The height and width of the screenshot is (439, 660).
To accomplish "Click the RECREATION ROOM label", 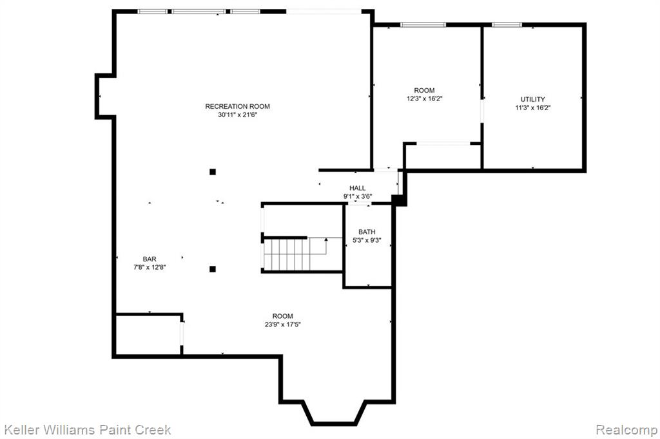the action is click(x=237, y=106).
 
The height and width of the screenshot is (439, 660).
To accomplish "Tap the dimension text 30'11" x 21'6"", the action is click(x=237, y=115).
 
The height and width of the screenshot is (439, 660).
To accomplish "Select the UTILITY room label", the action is click(x=533, y=99).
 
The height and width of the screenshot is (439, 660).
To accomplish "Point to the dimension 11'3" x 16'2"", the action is click(x=533, y=107).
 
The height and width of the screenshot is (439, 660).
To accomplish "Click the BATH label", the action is click(x=367, y=232).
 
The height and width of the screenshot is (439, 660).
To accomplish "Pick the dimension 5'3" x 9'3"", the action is click(x=367, y=240).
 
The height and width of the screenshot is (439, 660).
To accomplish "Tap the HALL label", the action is click(x=357, y=188).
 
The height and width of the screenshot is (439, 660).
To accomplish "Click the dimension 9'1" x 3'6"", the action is click(x=357, y=196).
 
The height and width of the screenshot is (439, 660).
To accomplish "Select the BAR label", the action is click(x=150, y=259).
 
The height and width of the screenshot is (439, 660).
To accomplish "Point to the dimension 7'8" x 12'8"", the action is click(x=150, y=267).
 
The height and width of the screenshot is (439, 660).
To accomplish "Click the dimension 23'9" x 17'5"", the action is click(x=283, y=324).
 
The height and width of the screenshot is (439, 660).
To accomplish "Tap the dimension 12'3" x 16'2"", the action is click(x=424, y=99).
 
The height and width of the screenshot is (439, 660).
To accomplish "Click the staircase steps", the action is click(x=287, y=255).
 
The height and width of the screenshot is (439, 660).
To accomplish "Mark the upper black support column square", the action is click(x=213, y=172).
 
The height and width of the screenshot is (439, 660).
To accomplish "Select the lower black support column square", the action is click(x=213, y=269).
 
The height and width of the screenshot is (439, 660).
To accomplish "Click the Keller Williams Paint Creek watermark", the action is click(x=87, y=430).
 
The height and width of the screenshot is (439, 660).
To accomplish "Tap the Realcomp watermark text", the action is click(x=626, y=430).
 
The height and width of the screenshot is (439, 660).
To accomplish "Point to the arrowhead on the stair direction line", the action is click(x=326, y=239).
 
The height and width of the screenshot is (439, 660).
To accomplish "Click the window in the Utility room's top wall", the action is click(x=507, y=25).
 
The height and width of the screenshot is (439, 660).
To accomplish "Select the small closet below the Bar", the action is click(x=149, y=335).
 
